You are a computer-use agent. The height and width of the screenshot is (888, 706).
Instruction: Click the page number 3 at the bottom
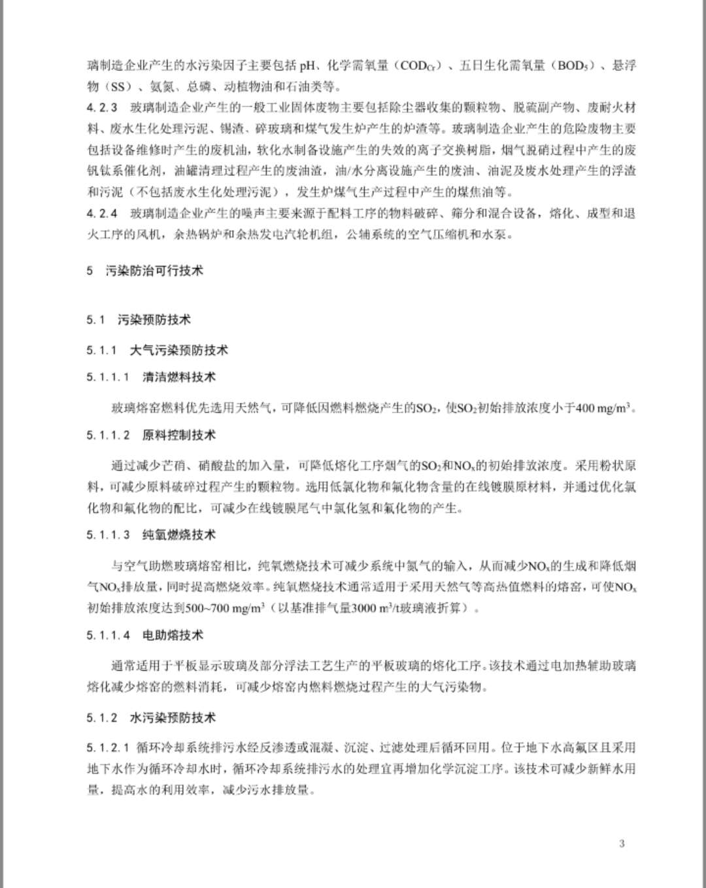[622, 844]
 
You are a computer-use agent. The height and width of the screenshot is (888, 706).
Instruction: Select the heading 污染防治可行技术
[154, 271]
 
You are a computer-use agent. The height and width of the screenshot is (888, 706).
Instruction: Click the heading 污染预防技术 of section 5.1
[154, 320]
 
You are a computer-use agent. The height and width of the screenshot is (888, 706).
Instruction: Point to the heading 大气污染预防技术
[179, 350]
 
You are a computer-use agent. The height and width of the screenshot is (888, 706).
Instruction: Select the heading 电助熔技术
[173, 635]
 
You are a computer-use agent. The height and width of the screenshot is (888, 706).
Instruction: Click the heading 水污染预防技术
[173, 718]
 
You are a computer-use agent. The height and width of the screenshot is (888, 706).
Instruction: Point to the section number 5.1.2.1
[108, 747]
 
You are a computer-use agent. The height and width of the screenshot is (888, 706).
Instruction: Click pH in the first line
[308, 66]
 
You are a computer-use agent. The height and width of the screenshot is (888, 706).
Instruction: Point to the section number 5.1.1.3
[108, 535]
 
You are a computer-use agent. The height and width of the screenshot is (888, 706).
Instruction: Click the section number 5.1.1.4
[108, 635]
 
